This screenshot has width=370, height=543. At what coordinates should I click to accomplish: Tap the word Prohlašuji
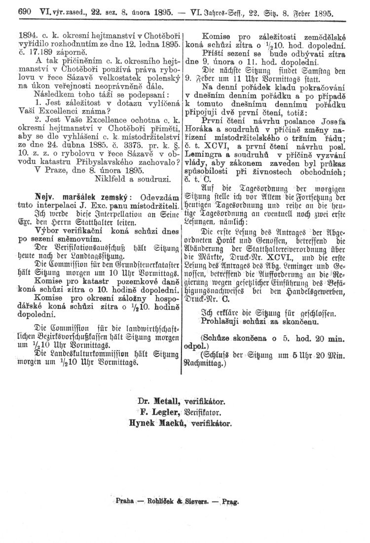[x=217, y=321]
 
